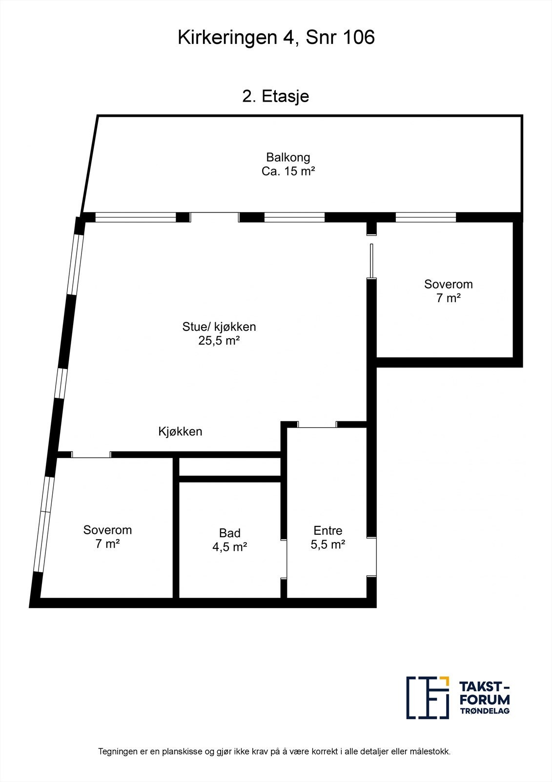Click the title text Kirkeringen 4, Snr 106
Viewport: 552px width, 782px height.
pyautogui.click(x=276, y=38)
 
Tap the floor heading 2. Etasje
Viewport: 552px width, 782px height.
pyautogui.click(x=276, y=96)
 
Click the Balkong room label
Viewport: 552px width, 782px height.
pyautogui.click(x=288, y=157)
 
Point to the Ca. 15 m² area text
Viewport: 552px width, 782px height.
pyautogui.click(x=288, y=172)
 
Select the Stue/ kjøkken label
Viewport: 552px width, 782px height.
pyautogui.click(x=219, y=326)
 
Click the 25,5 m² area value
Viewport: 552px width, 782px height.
pyautogui.click(x=219, y=341)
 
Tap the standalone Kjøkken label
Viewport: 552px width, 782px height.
pyautogui.click(x=180, y=432)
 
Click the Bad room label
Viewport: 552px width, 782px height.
pyautogui.click(x=229, y=533)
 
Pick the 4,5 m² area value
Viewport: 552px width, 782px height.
pyautogui.click(x=229, y=547)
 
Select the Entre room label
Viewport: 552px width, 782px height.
pyautogui.click(x=328, y=530)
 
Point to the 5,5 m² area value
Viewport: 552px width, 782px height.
pyautogui.click(x=328, y=544)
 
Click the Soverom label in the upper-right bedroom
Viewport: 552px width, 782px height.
pyautogui.click(x=449, y=284)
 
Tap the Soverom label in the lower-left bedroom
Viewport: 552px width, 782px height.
pyautogui.click(x=107, y=530)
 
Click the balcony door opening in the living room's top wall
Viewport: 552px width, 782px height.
pyautogui.click(x=214, y=217)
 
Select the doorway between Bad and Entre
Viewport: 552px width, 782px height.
pyautogui.click(x=284, y=559)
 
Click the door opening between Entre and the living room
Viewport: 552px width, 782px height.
pyautogui.click(x=317, y=424)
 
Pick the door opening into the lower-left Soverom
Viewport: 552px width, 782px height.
pyautogui.click(x=91, y=455)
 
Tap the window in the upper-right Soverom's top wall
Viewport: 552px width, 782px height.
pyautogui.click(x=426, y=217)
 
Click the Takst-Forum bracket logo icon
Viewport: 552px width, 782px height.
pyautogui.click(x=428, y=697)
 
